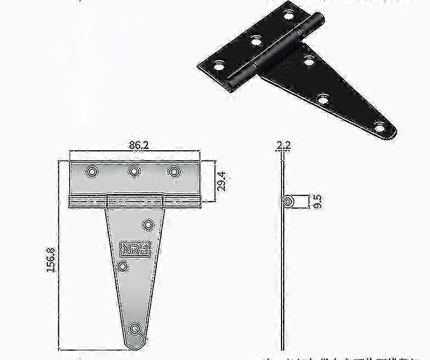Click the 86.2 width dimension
point(134,146)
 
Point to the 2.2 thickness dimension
point(283,146)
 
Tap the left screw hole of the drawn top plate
point(92,172)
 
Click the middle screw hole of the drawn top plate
point(134,172)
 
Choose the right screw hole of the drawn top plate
point(174,172)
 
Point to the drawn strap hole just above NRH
point(148,225)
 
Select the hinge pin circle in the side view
point(286,201)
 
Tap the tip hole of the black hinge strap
point(380,128)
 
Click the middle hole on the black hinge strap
point(323,99)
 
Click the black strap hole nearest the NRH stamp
point(308,62)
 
